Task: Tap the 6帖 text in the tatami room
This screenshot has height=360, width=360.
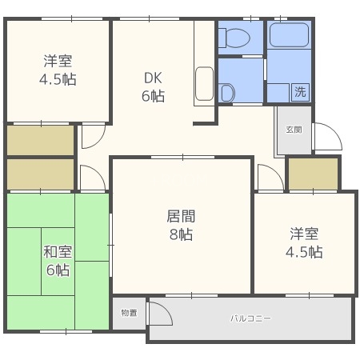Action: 57,270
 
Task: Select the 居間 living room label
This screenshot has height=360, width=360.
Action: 181,217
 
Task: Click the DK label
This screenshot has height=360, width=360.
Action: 154,78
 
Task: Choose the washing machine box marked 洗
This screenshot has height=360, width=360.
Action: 300,91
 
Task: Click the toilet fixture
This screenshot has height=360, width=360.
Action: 239,36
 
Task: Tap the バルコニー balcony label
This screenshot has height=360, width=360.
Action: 250,318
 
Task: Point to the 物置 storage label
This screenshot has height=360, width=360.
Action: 129,312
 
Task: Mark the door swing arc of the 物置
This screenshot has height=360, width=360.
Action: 159,314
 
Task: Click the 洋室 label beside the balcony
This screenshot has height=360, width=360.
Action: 305,234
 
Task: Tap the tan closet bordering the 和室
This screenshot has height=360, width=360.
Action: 40,174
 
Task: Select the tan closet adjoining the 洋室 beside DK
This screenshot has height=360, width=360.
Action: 40,140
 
